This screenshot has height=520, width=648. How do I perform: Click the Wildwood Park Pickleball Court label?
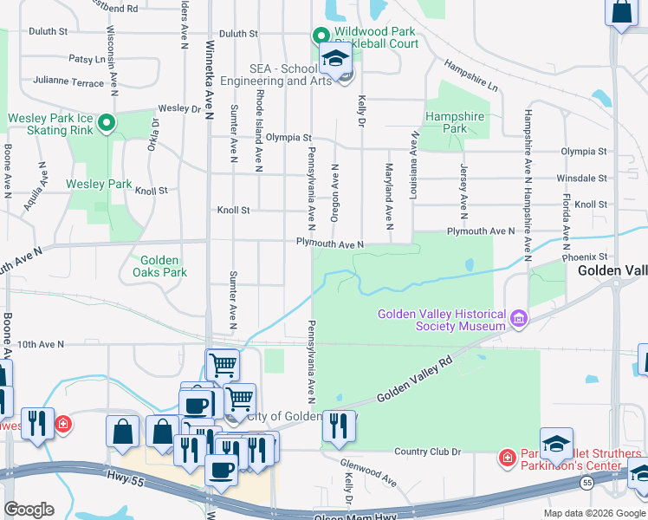coord(376,37)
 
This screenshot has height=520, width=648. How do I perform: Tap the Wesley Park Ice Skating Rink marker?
coord(107,124)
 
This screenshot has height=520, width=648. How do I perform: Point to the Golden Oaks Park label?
coord(159,266)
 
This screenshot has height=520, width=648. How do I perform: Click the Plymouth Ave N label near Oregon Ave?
coord(329,244)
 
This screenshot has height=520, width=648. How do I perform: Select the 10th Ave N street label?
coord(39,345)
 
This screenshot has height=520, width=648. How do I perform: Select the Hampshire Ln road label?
coord(471,75)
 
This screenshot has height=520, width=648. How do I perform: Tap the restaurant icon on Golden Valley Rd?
coord(340,424)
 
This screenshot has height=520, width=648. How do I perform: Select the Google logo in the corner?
coord(29,510)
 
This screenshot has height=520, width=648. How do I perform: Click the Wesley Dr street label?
coord(179,109)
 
